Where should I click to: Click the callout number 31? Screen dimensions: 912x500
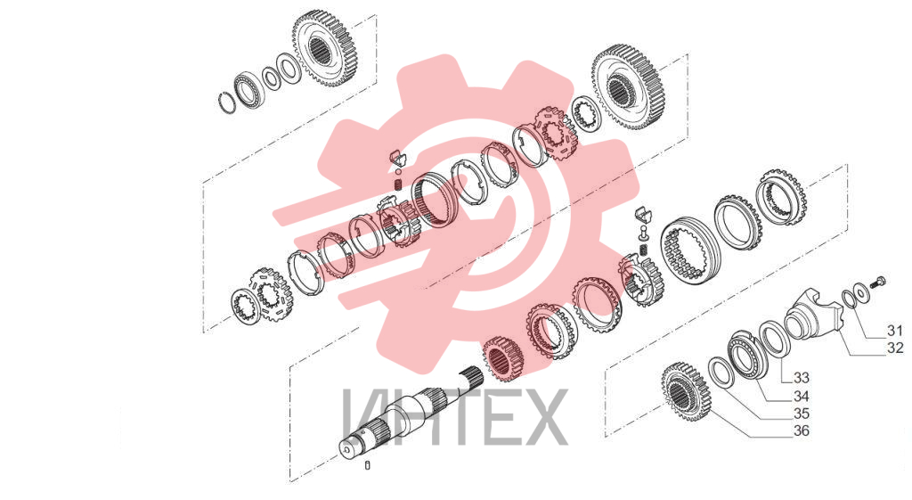pyautogui.click(x=894, y=331)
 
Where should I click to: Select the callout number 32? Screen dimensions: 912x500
pyautogui.click(x=895, y=348)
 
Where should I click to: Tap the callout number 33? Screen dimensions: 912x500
pyautogui.click(x=801, y=378)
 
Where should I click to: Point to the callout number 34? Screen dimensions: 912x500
pyautogui.click(x=801, y=397)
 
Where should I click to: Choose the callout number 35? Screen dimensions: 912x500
pyautogui.click(x=801, y=414)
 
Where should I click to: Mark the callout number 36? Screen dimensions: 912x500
pyautogui.click(x=801, y=431)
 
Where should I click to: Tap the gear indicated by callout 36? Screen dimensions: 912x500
pyautogui.click(x=688, y=390)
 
